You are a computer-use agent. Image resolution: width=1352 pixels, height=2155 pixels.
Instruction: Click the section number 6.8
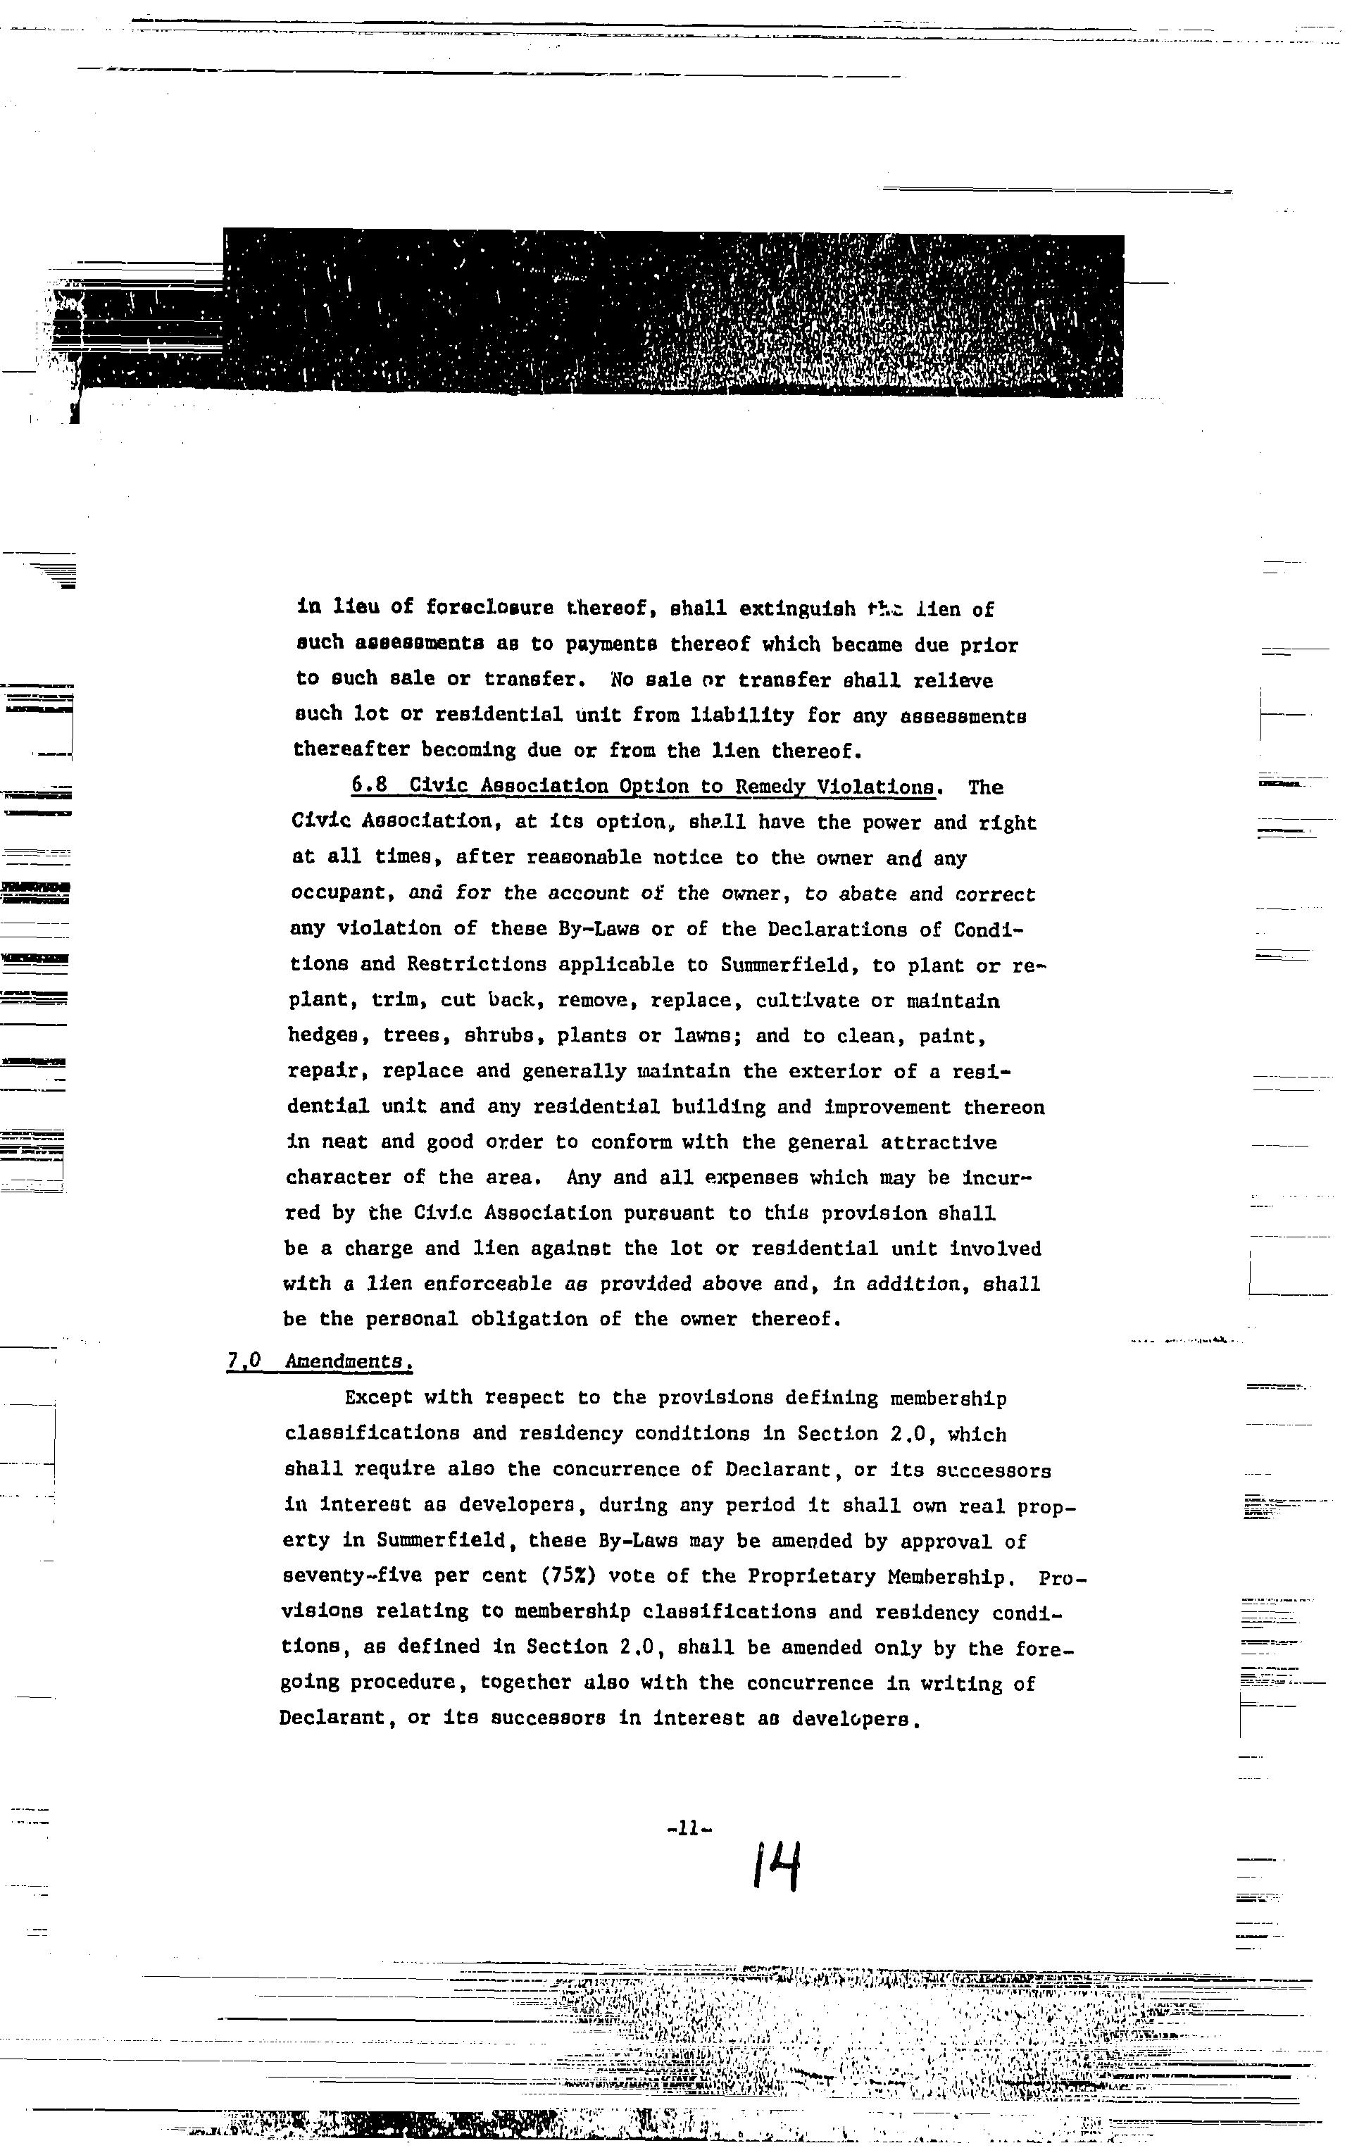pos(369,785)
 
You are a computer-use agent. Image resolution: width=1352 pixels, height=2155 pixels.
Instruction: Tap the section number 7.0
pos(244,1360)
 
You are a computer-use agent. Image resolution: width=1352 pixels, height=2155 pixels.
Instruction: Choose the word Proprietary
pos(812,1575)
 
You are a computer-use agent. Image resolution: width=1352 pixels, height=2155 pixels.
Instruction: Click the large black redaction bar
pos(672,313)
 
